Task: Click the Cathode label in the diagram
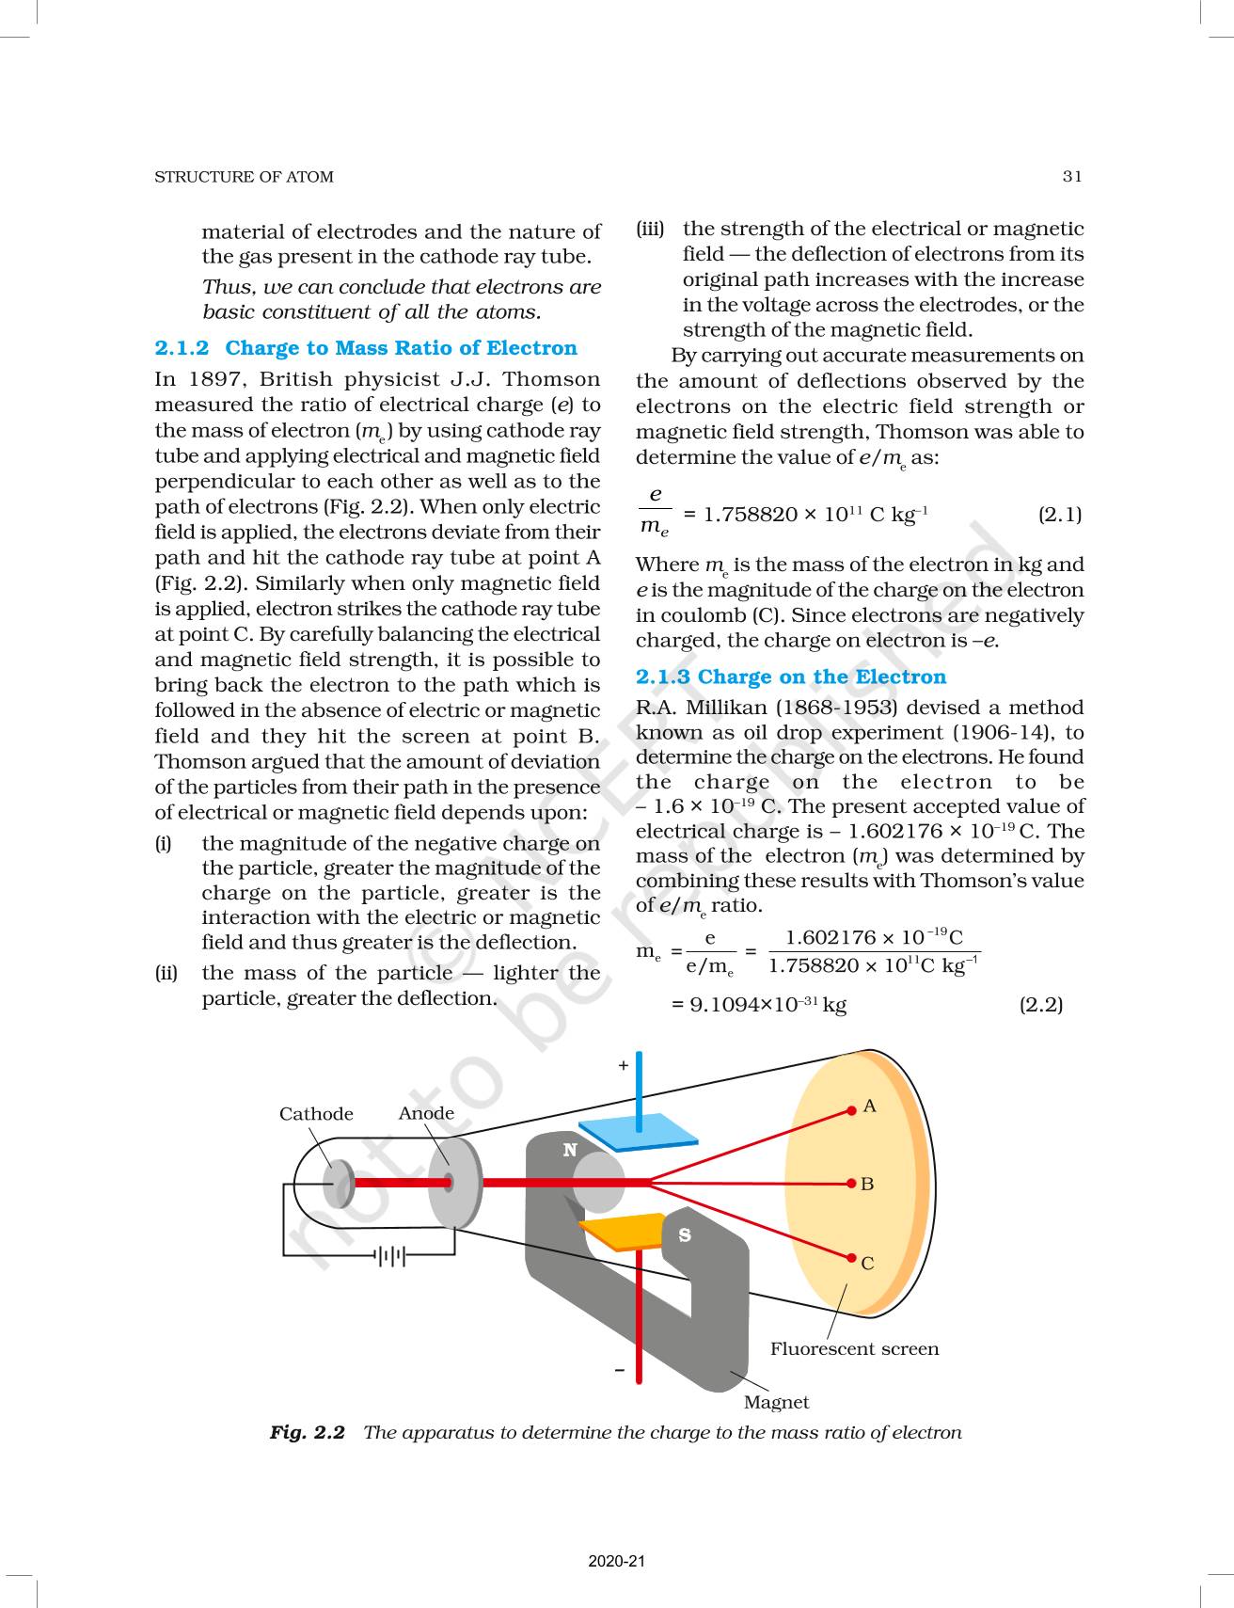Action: (x=316, y=1114)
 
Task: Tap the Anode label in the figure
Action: (x=426, y=1113)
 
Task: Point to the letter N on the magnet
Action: (x=570, y=1150)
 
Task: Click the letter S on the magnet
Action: (x=685, y=1235)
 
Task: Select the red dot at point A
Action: (x=852, y=1108)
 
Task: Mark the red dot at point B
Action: (x=851, y=1183)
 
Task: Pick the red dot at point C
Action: (x=852, y=1258)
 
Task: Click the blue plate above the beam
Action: (x=638, y=1134)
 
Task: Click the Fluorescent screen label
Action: (x=854, y=1348)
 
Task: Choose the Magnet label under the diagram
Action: (x=776, y=1402)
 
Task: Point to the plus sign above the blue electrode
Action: (x=623, y=1065)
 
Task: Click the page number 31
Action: (x=1072, y=176)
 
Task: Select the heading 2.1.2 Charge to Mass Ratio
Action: (x=366, y=348)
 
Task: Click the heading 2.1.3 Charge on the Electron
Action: (x=791, y=677)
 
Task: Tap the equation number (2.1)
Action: (x=1060, y=515)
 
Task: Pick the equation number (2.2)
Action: (x=1041, y=1005)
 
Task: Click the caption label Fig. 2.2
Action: (x=308, y=1432)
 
